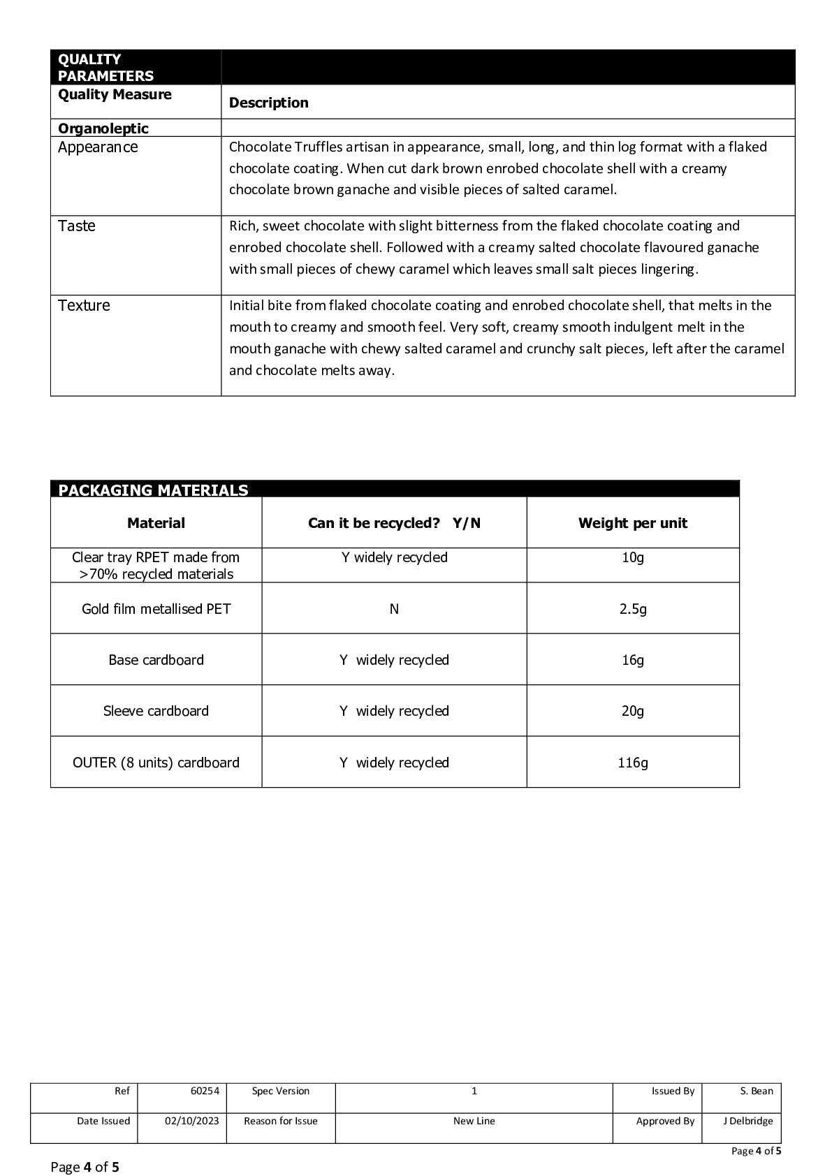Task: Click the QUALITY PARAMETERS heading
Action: click(x=105, y=68)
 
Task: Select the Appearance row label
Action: click(x=98, y=147)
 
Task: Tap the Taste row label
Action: click(x=77, y=226)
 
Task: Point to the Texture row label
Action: click(x=84, y=306)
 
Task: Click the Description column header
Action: click(x=268, y=103)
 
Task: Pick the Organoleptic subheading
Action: click(x=103, y=128)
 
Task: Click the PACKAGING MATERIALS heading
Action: click(x=153, y=490)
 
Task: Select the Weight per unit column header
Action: click(x=632, y=523)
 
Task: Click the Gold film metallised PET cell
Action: click(x=156, y=609)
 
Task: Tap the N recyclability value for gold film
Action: click(x=394, y=609)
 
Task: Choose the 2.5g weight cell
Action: click(x=633, y=609)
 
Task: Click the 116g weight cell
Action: click(x=633, y=763)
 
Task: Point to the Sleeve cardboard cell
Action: click(x=156, y=711)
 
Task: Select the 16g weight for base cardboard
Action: click(x=633, y=660)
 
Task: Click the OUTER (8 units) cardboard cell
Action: click(x=156, y=763)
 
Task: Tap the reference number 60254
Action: click(x=205, y=1091)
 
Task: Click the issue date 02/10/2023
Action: click(x=191, y=1121)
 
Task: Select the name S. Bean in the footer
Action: click(x=757, y=1091)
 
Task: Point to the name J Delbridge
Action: click(x=747, y=1121)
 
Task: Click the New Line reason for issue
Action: click(x=474, y=1121)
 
